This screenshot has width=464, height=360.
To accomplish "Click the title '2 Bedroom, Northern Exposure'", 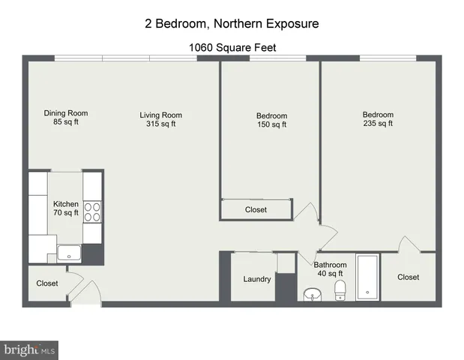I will (232, 24).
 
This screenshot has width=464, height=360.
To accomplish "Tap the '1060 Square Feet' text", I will (232, 47).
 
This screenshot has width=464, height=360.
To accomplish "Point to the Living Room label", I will (160, 115).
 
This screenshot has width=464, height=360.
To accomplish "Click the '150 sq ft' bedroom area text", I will (271, 124).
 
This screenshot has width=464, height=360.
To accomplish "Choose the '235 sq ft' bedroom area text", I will (378, 124).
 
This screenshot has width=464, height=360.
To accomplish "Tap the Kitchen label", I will (66, 204).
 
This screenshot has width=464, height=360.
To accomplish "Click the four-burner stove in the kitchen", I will (92, 211).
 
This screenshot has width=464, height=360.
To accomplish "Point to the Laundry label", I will (257, 279).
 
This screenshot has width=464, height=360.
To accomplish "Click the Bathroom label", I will (330, 265).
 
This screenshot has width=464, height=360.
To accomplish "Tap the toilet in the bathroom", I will (340, 290).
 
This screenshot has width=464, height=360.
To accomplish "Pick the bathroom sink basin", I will (312, 294).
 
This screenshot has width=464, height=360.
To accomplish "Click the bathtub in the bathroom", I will (367, 277).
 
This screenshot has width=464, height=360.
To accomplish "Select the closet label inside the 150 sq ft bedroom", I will (256, 210).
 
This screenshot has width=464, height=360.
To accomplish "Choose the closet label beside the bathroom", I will (409, 277).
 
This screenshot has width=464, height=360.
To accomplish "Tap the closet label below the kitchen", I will (47, 283).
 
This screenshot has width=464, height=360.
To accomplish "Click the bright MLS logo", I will (29, 349).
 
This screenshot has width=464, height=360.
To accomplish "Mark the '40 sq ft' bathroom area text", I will (330, 274).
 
